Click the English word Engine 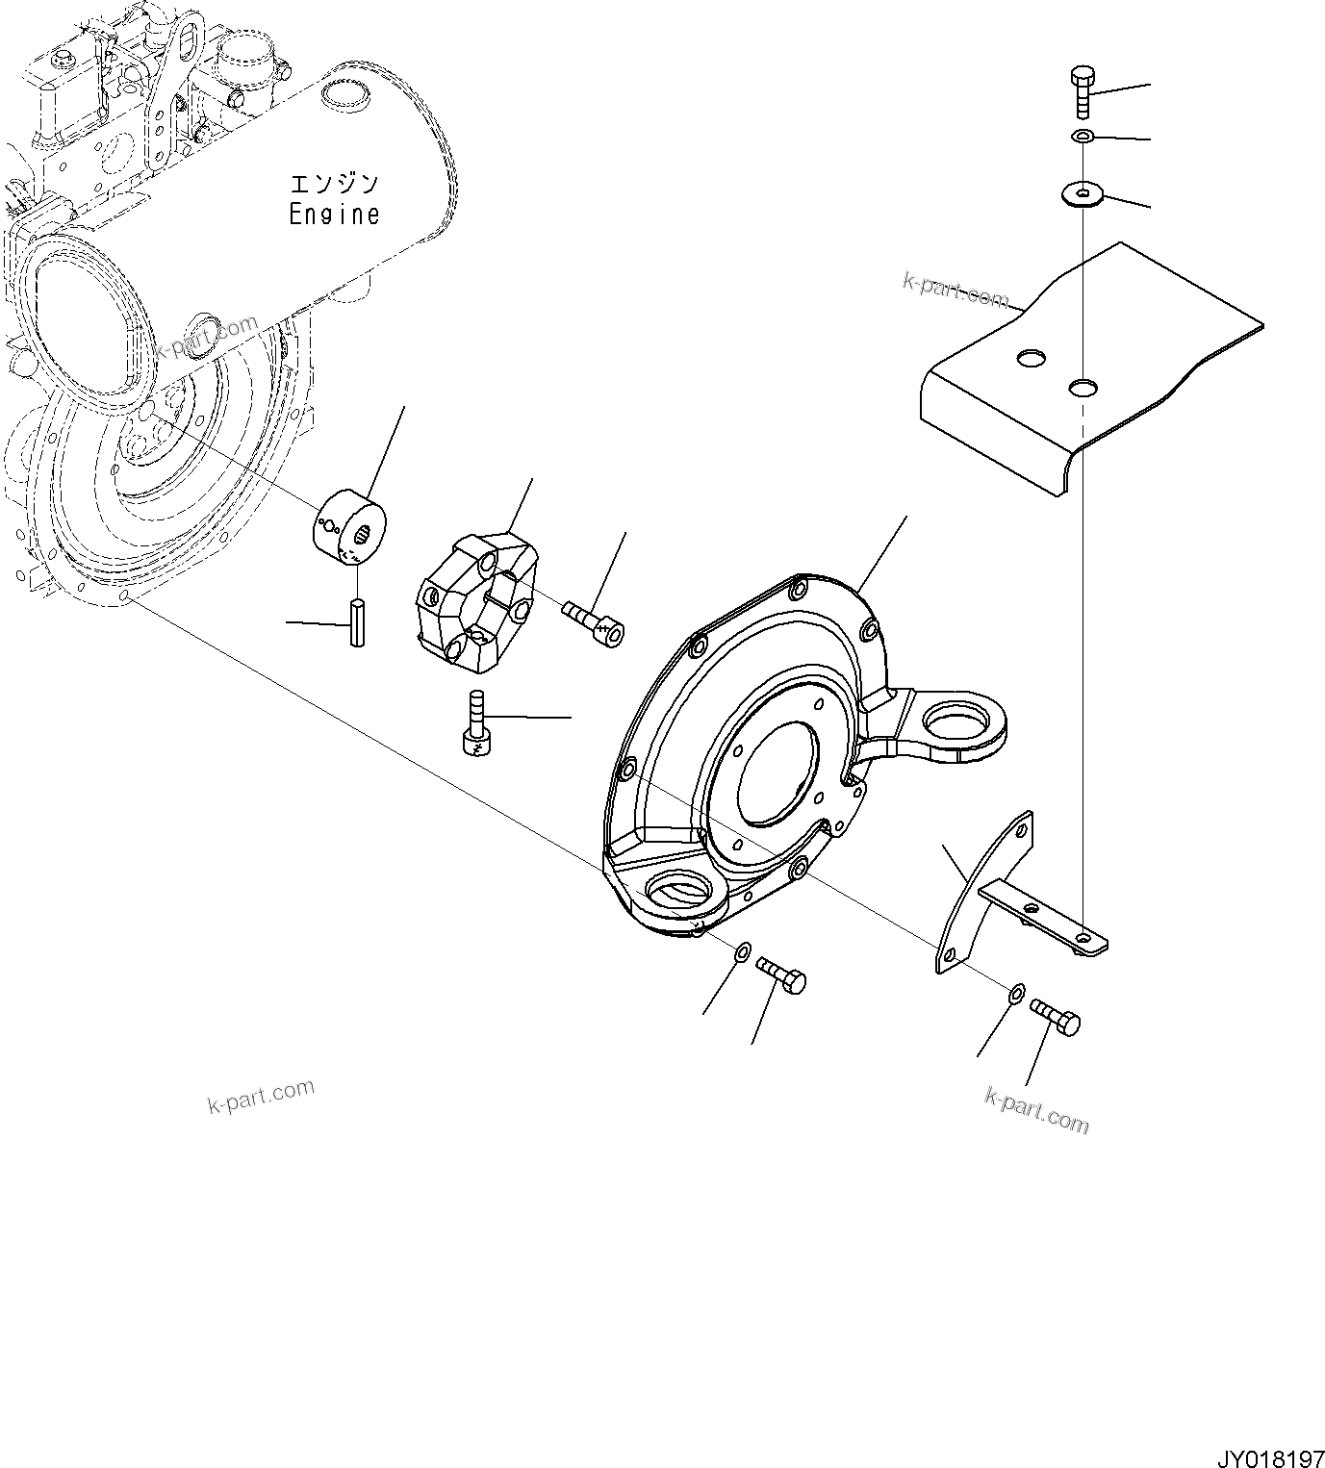pyautogui.click(x=335, y=215)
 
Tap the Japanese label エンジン pyautogui.click(x=335, y=183)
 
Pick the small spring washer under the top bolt pyautogui.click(x=1083, y=138)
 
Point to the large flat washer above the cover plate pyautogui.click(x=1083, y=195)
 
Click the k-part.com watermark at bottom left pyautogui.click(x=261, y=1096)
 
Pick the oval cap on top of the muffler pyautogui.click(x=339, y=93)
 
